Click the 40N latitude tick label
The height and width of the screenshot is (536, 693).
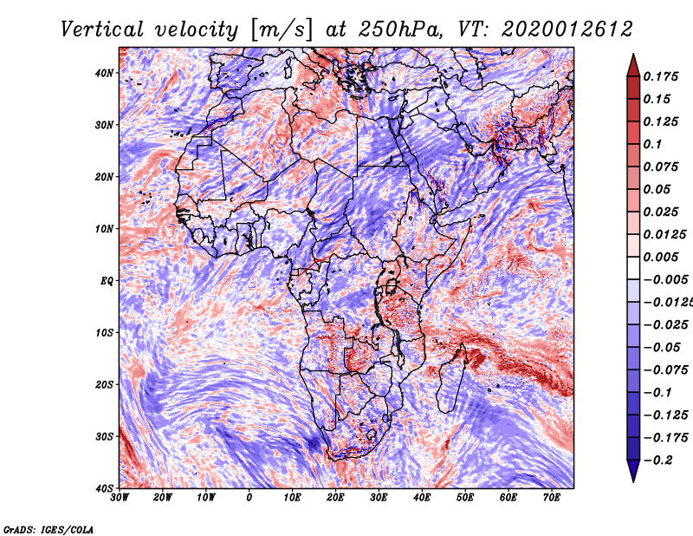tap(104, 73)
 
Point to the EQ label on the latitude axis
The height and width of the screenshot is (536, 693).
tap(107, 281)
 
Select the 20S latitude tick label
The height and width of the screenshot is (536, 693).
tap(104, 384)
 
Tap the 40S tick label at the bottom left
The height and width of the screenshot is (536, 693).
tap(104, 488)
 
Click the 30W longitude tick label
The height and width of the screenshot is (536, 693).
tap(120, 498)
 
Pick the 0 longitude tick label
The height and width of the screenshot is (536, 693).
tap(249, 498)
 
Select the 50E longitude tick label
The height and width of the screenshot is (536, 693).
tap(465, 498)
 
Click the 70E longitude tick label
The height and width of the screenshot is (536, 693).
tap(552, 498)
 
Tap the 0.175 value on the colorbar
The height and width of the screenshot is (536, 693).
tap(661, 76)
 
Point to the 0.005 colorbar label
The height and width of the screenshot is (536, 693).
tap(661, 257)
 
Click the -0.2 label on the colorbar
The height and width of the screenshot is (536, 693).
tap(658, 460)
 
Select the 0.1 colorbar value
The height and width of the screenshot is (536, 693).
tap(653, 144)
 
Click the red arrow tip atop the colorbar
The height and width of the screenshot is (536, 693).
tap(633, 55)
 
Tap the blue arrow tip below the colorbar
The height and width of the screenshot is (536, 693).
tap(633, 481)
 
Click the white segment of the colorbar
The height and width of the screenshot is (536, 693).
tap(633, 268)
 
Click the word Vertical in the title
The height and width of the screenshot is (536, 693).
tap(102, 29)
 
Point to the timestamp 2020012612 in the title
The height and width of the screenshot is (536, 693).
tap(567, 29)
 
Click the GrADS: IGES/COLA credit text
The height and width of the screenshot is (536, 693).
tap(49, 529)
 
